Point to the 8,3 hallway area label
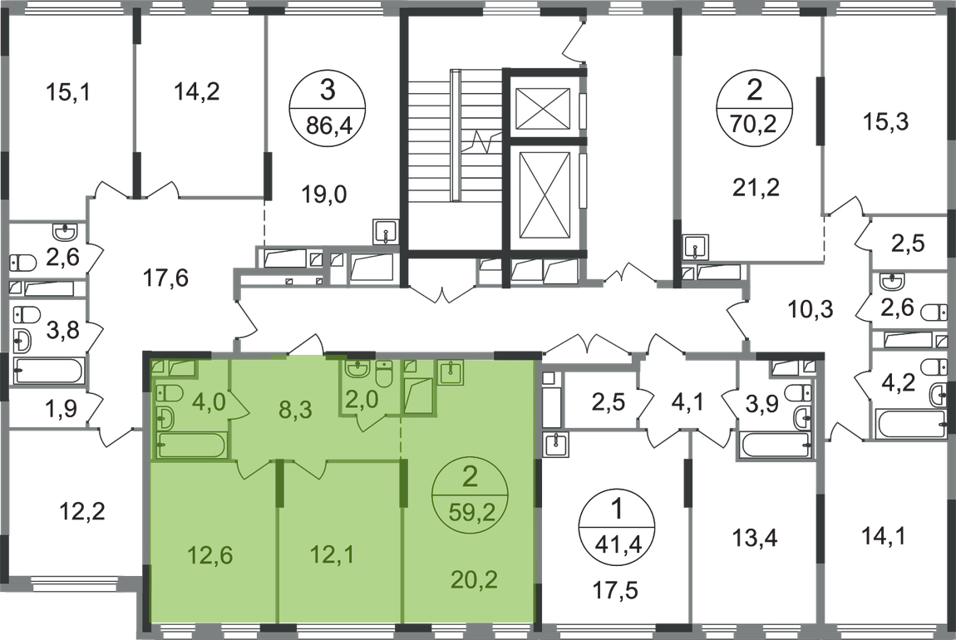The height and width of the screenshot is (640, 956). [x=293, y=409]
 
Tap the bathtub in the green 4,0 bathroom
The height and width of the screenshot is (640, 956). [x=190, y=446]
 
